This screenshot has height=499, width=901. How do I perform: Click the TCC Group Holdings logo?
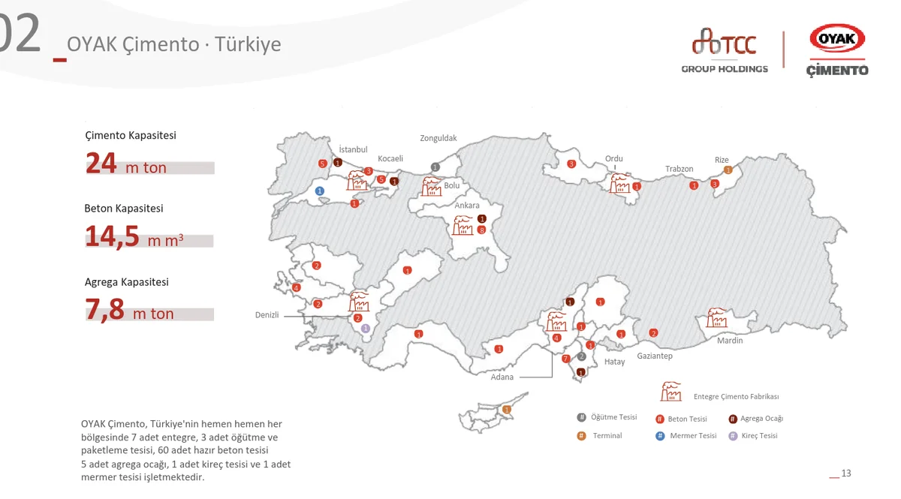coord(725,51)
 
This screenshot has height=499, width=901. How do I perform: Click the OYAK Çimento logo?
coord(836,50)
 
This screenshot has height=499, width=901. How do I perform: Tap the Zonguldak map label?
coord(438,138)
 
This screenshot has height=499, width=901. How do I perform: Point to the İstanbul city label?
coord(353,149)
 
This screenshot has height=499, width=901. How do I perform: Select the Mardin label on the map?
coord(729,341)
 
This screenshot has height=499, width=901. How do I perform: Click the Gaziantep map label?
coord(655,356)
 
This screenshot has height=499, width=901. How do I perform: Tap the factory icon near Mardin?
coord(716,317)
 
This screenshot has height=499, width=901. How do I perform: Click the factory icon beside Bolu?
coord(432,186)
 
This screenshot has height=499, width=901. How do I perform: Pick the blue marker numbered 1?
coord(320,191)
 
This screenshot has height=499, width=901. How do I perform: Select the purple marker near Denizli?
coord(366,329)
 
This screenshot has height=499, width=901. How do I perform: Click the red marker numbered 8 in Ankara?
coord(481,230)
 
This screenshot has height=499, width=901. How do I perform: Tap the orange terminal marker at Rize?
coord(728,170)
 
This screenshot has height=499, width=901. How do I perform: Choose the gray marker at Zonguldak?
coord(435,167)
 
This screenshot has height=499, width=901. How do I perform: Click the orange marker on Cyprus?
coord(507,409)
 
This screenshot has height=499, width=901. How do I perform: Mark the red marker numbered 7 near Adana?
coord(566,359)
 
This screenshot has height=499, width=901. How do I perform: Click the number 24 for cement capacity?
coord(101,164)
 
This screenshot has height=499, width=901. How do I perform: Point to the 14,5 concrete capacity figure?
coord(112,236)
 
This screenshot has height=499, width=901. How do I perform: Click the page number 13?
coord(846,473)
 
